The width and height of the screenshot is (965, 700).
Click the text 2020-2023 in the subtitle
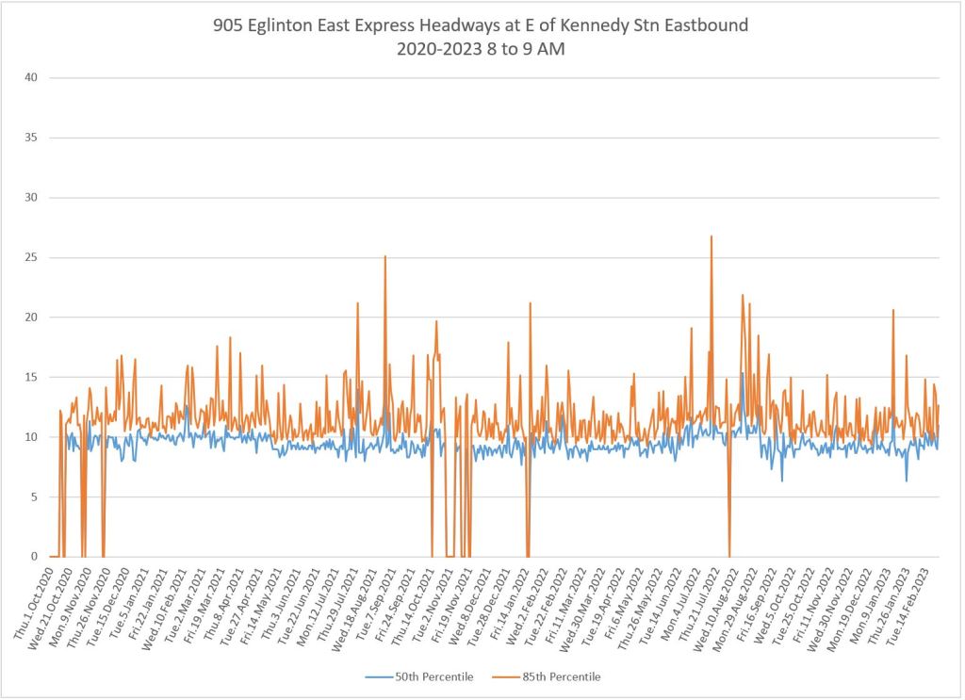pos(437,51)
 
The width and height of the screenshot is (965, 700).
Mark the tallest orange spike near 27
pos(711,237)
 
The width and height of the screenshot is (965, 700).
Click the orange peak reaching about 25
pos(384,257)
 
